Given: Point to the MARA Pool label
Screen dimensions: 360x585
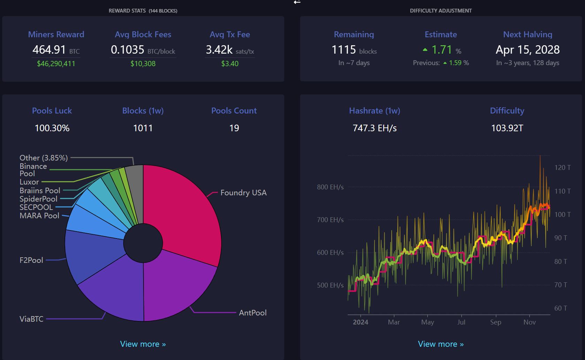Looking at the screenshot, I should tap(39, 216).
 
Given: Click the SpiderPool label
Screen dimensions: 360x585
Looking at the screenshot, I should tap(38, 199).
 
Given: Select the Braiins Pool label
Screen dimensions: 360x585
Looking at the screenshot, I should tap(40, 191).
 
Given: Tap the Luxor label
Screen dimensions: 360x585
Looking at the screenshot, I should tap(29, 182).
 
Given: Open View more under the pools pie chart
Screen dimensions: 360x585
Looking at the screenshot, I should tap(143, 344).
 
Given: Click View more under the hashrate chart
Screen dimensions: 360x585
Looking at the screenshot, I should tap(441, 344).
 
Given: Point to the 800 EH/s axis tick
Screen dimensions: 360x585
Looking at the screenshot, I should tap(330, 187).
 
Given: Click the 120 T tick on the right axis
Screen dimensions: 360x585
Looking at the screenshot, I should tap(562, 168).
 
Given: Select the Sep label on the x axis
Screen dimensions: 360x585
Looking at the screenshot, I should tap(495, 322).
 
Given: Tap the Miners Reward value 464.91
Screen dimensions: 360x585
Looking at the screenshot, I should tap(49, 50).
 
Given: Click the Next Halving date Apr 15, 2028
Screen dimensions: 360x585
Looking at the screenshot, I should tap(528, 50).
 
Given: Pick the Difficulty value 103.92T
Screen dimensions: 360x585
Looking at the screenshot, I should tap(507, 128).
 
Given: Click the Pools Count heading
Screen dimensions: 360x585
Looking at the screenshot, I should tap(234, 111).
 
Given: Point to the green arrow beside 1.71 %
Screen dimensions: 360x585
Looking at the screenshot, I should tap(425, 50).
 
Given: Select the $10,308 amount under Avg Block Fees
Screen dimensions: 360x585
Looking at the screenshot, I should tap(143, 64).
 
